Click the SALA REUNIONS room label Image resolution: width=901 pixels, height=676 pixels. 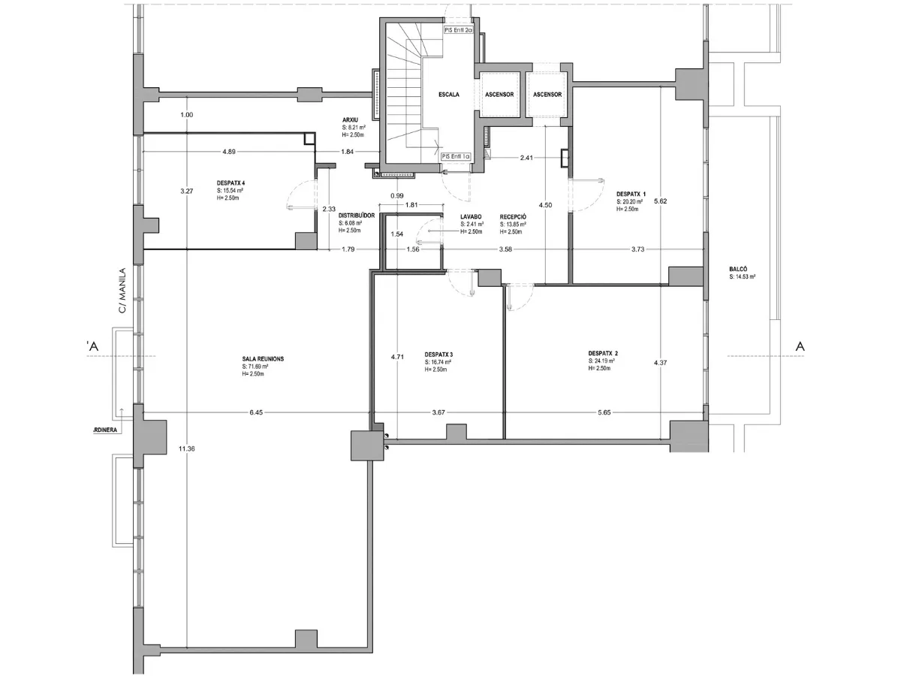pyautogui.click(x=263, y=359)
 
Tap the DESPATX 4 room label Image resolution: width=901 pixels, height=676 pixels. pyautogui.click(x=231, y=183)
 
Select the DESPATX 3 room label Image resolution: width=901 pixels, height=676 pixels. pyautogui.click(x=438, y=355)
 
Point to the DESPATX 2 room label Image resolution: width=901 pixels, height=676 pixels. pyautogui.click(x=604, y=352)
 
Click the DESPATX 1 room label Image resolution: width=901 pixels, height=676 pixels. pyautogui.click(x=631, y=193)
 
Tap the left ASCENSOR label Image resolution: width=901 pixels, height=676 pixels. pyautogui.click(x=499, y=95)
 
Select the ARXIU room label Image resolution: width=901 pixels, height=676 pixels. pyautogui.click(x=349, y=120)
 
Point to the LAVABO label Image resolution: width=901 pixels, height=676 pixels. pyautogui.click(x=471, y=216)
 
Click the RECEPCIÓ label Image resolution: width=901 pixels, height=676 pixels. pyautogui.click(x=513, y=216)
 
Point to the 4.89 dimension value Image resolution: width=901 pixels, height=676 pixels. pyautogui.click(x=229, y=152)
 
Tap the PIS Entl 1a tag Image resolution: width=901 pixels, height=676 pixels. pyautogui.click(x=457, y=156)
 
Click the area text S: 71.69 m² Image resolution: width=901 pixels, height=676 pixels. pyautogui.click(x=255, y=367)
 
